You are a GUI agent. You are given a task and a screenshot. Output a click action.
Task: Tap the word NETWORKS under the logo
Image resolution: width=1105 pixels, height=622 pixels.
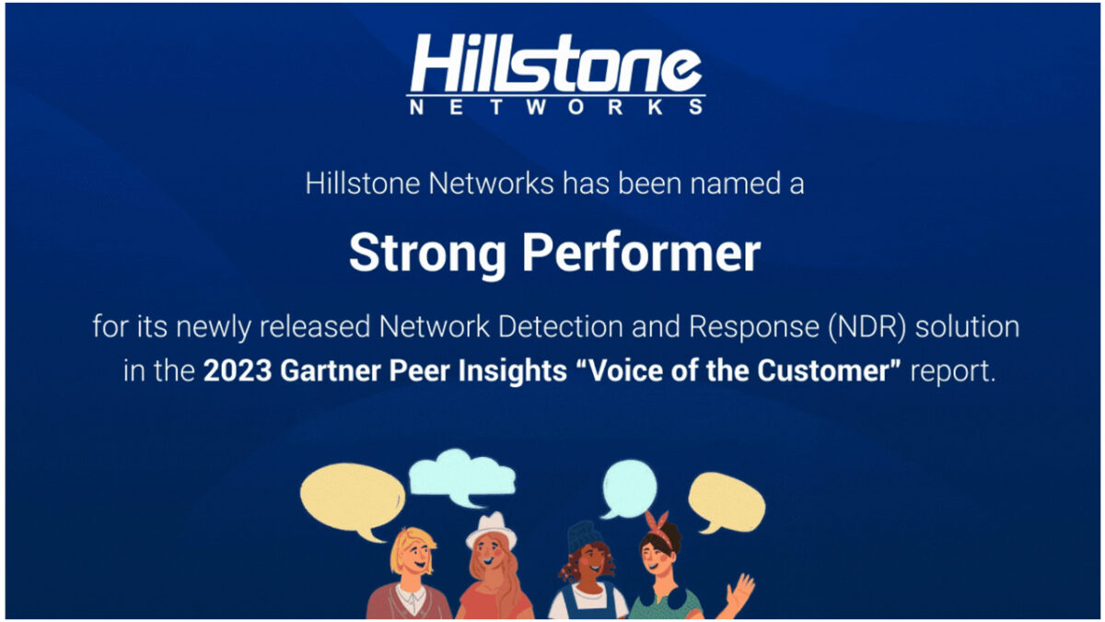[556, 107]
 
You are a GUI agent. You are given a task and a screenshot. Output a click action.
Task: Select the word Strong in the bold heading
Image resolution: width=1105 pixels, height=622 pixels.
[427, 253]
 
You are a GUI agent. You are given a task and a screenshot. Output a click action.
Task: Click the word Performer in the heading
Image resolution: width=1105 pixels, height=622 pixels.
[641, 252]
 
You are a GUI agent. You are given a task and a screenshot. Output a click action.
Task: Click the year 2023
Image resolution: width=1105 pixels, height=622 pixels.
[238, 370]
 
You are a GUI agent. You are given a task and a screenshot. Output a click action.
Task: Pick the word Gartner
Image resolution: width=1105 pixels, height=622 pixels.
[331, 370]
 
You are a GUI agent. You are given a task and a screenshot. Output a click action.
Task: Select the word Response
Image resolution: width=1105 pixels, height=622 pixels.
[754, 328]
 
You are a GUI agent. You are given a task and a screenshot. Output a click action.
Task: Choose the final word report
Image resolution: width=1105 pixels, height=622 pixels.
[952, 371]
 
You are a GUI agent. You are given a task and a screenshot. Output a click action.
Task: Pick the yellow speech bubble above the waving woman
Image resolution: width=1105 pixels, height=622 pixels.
[727, 501]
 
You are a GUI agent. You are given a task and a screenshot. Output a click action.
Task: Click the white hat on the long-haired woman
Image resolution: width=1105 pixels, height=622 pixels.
[492, 530]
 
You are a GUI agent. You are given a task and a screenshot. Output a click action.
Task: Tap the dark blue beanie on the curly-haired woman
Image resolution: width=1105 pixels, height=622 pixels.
[585, 535]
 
